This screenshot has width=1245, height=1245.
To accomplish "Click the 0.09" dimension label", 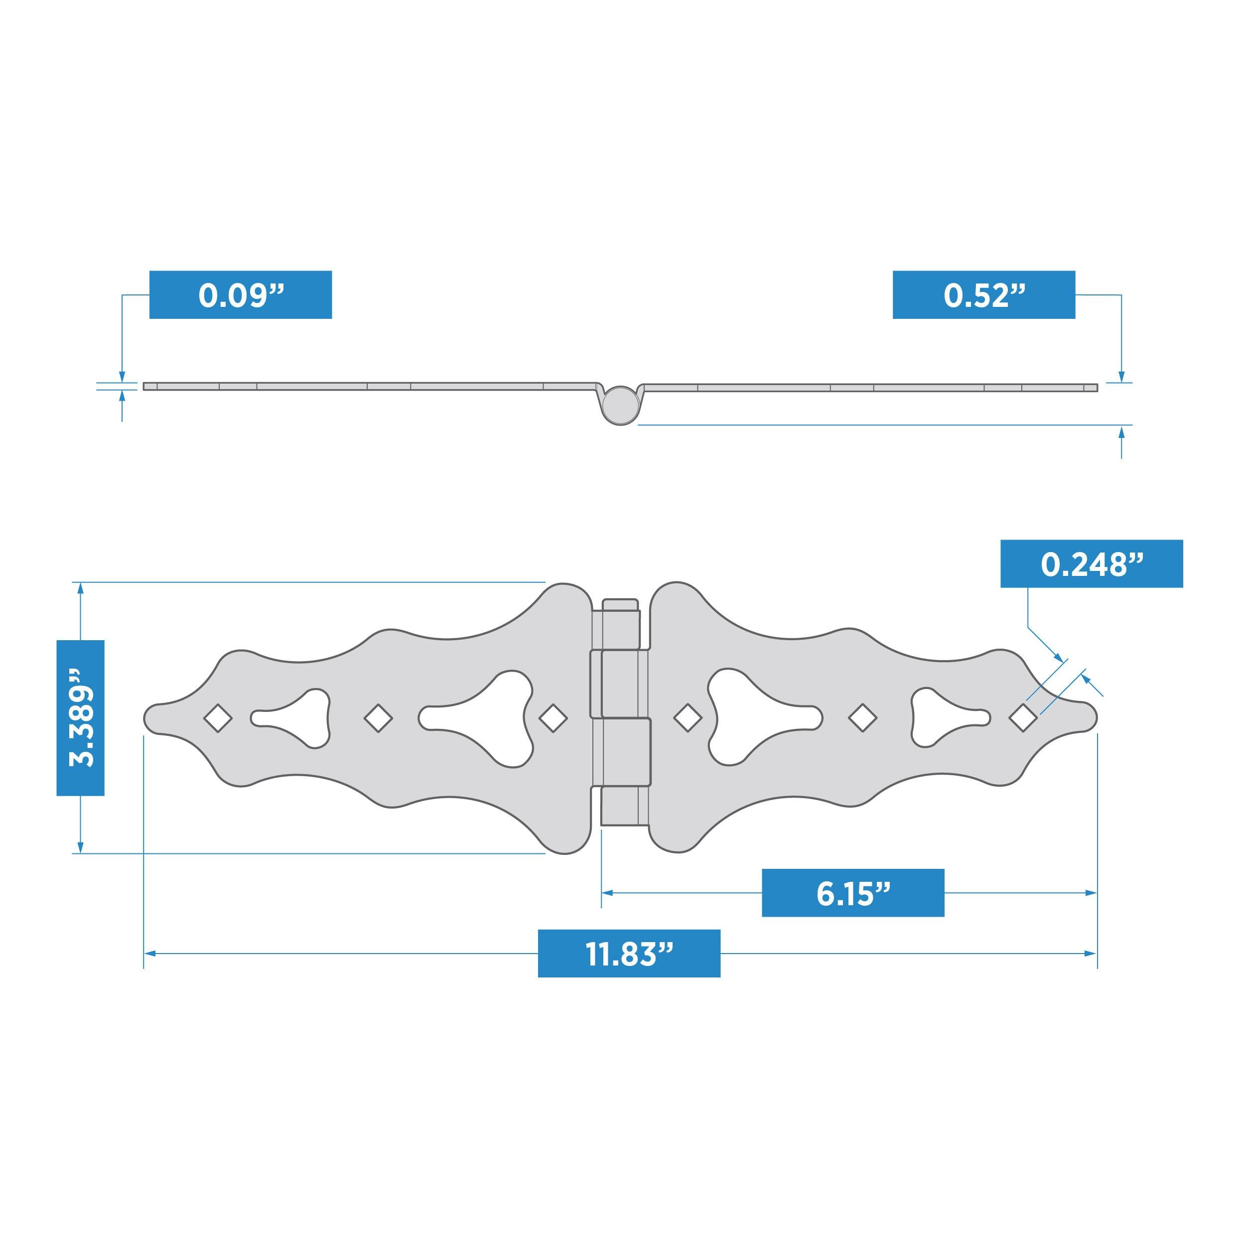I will pyautogui.click(x=240, y=294).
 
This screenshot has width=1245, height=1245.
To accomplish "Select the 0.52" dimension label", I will pyautogui.click(x=983, y=294).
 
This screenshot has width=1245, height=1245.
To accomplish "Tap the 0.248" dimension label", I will pyautogui.click(x=1091, y=563).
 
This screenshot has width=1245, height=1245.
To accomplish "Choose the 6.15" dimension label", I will pyautogui.click(x=852, y=892).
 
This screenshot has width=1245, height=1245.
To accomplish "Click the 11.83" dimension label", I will pyautogui.click(x=629, y=953).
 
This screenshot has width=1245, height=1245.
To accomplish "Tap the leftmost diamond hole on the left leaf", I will pyautogui.click(x=218, y=717).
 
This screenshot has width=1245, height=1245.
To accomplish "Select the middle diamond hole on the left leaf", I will pyautogui.click(x=378, y=717).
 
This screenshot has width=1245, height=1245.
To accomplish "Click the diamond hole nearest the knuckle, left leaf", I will pyautogui.click(x=553, y=717).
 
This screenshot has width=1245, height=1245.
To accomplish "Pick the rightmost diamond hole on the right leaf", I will pyautogui.click(x=1023, y=717).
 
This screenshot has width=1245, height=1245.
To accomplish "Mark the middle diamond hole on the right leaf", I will pyautogui.click(x=862, y=717).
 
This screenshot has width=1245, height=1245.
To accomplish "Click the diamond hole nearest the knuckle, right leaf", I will pyautogui.click(x=687, y=717).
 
